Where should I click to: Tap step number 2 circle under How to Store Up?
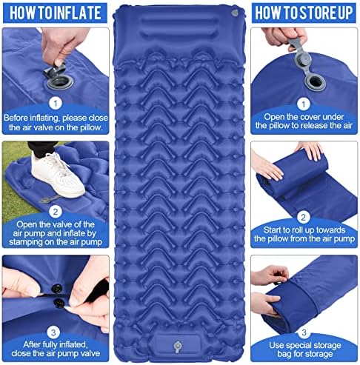(304, 216)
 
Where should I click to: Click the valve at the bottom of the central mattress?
(180, 345)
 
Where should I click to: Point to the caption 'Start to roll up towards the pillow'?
(304, 235)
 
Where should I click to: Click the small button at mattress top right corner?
(235, 14)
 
